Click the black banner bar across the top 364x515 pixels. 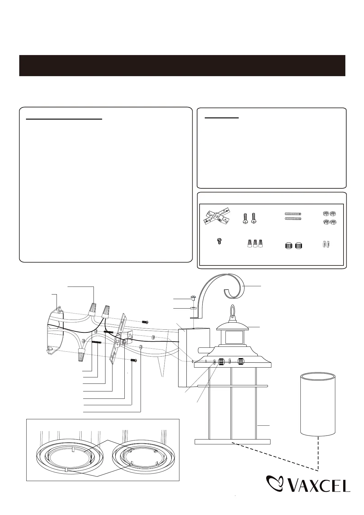(182, 65)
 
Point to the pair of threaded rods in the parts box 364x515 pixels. (293, 216)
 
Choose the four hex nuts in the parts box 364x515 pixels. (330, 217)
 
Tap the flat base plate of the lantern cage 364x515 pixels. (233, 442)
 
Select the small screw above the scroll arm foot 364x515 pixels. (193, 298)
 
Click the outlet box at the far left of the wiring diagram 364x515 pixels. (55, 330)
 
